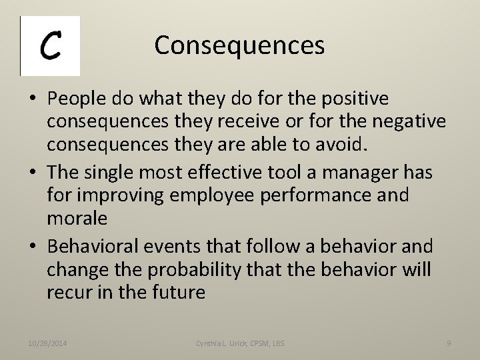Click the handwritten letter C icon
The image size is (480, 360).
[50, 46]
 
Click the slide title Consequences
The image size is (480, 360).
[239, 45]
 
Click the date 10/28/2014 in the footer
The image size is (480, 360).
[47, 343]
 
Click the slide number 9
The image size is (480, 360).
[449, 343]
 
